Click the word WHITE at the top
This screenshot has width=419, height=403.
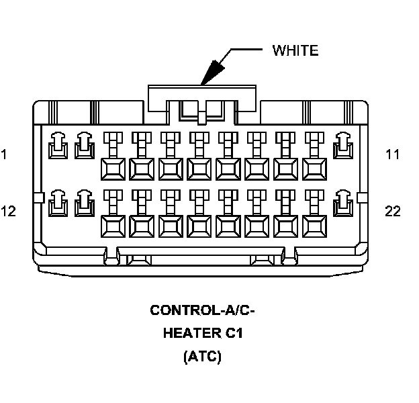click(295, 50)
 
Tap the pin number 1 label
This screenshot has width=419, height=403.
click(4, 154)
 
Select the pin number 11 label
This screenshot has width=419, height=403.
click(393, 154)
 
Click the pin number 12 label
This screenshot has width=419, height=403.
click(8, 212)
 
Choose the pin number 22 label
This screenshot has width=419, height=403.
click(393, 212)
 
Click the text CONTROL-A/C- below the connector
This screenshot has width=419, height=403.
click(202, 310)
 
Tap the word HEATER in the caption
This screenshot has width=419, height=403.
click(190, 334)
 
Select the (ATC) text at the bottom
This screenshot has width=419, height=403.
click(202, 357)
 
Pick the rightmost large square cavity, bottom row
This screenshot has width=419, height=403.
click(315, 226)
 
